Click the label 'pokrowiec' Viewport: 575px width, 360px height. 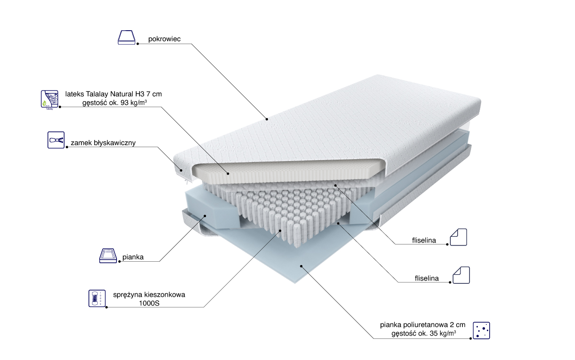click(164, 39)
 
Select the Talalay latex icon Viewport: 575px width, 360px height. click(48, 99)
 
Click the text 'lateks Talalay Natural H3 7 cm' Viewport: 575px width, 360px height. click(114, 94)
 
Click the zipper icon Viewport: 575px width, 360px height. click(56, 140)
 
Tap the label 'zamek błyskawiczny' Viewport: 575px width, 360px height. click(103, 143)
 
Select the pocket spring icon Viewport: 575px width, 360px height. click(96, 298)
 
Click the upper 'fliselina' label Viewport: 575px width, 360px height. click(424, 240)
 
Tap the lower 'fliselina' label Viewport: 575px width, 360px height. click(427, 278)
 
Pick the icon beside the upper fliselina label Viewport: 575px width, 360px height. click(458, 237)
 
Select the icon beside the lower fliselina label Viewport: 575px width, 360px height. click(461, 275)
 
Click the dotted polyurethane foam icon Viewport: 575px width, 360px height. click(481, 330)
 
